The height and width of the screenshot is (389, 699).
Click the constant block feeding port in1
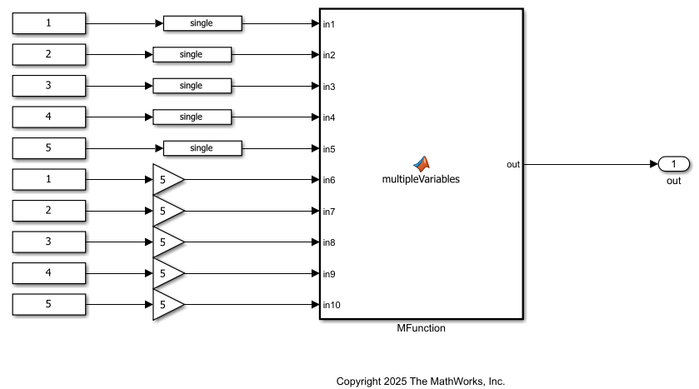tap(49, 23)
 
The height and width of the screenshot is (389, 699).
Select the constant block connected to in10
tap(49, 305)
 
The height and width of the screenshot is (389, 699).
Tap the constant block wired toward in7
tap(49, 211)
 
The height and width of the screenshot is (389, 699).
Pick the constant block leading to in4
tap(49, 117)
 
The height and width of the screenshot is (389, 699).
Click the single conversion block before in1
tap(202, 23)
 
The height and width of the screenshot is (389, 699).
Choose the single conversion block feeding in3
tap(192, 86)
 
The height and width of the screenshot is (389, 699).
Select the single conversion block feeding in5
tap(202, 148)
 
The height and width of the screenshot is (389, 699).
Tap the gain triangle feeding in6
tap(165, 180)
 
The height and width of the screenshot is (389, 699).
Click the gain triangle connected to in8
tap(165, 242)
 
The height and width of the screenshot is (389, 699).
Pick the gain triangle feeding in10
tap(165, 305)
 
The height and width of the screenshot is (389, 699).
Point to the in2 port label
tap(329, 55)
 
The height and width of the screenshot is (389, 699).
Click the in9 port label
tap(329, 274)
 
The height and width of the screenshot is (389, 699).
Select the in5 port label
tap(329, 149)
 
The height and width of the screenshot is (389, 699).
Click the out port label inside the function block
tap(512, 164)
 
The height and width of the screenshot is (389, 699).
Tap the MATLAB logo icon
tap(421, 163)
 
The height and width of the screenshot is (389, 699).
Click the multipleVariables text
tap(421, 179)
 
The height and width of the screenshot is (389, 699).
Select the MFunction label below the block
tap(421, 328)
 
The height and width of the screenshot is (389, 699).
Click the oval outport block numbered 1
tap(673, 164)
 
